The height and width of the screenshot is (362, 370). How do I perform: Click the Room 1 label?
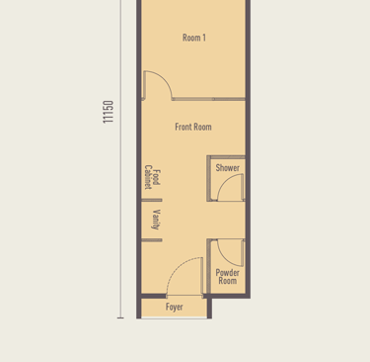194,38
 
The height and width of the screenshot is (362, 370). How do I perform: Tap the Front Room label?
193,127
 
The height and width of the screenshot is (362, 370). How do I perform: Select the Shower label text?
228,168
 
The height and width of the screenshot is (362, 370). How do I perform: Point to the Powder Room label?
228,277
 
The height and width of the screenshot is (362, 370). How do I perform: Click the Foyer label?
175,307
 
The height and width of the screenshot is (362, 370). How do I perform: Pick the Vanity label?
156,220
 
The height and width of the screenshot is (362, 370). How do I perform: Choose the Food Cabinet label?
153,177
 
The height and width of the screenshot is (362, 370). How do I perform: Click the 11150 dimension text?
108,112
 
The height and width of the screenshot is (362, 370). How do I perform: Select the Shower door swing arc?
224,182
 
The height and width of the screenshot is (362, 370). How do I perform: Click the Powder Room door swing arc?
224,259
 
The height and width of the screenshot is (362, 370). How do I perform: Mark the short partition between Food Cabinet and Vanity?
152,200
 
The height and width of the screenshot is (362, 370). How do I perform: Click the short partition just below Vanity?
152,240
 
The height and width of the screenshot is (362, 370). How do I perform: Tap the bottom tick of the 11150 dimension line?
120,317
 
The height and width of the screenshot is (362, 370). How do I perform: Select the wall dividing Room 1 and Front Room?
208,99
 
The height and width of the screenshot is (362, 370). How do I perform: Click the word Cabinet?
148,177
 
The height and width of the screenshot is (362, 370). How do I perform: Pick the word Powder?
228,273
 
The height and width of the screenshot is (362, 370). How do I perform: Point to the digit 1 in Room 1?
204,38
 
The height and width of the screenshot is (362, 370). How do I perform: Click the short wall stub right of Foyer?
209,309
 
